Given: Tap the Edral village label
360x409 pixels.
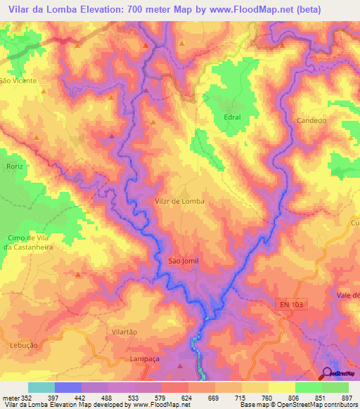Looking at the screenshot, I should click(231, 117).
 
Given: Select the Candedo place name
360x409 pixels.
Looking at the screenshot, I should click(312, 121).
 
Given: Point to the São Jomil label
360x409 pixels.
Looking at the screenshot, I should click(184, 261).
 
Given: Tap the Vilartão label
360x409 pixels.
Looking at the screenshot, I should click(124, 331).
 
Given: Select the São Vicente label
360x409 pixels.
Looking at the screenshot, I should click(13, 82).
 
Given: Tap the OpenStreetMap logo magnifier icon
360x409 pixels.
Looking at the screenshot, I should click(328, 373).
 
